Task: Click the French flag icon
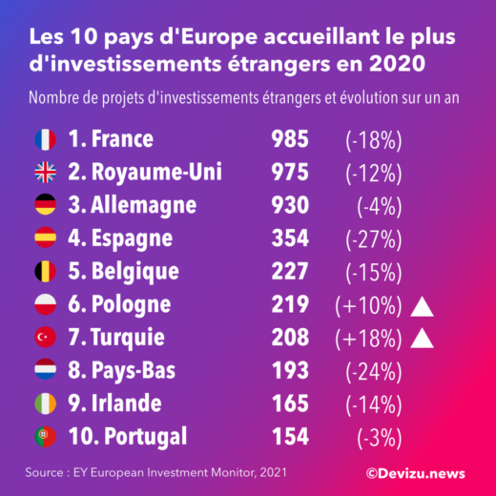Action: click(x=45, y=139)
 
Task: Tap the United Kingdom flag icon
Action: click(x=45, y=173)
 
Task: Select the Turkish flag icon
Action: click(x=45, y=338)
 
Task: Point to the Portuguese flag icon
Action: click(x=45, y=437)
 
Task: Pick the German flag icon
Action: click(x=45, y=205)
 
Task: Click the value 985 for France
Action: click(x=289, y=139)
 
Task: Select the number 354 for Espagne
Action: click(x=289, y=238)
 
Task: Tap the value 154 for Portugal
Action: click(x=289, y=437)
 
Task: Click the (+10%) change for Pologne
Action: click(x=367, y=305)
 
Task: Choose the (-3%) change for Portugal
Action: click(x=379, y=437)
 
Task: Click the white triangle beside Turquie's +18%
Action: click(x=423, y=337)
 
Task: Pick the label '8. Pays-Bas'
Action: click(x=122, y=371)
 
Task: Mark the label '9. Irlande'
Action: click(x=117, y=404)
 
